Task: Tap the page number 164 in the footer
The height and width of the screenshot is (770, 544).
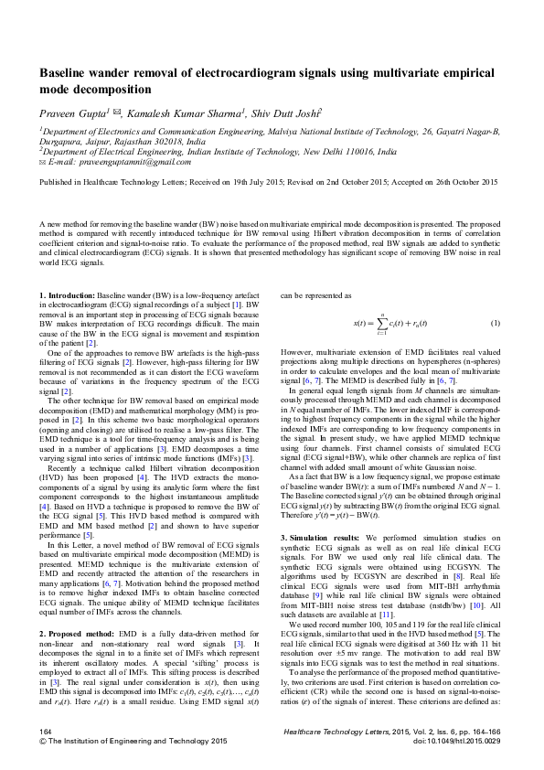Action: tap(45, 733)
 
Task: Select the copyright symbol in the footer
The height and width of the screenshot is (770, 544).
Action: tap(41, 742)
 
